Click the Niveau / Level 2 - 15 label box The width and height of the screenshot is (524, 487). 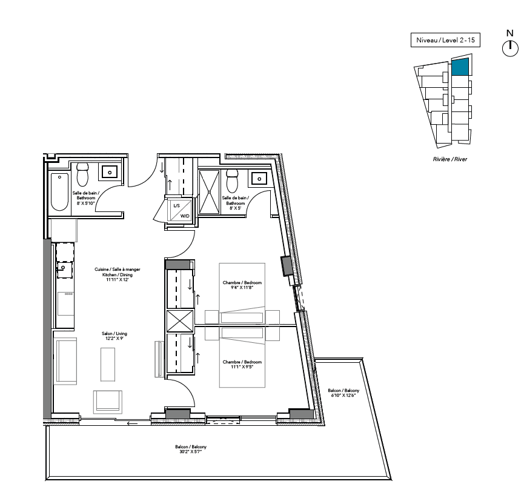click(445, 40)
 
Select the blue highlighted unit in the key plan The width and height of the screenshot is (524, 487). click(460, 67)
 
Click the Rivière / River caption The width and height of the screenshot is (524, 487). click(450, 159)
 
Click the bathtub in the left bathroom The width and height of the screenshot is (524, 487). click(60, 192)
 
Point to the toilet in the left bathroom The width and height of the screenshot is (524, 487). click(82, 174)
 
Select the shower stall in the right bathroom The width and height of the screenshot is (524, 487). click(210, 191)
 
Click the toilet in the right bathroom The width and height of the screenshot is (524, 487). click(232, 181)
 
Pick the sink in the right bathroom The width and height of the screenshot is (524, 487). click(259, 179)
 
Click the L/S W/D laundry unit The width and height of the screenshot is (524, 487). click(181, 211)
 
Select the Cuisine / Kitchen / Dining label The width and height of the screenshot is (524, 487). click(118, 274)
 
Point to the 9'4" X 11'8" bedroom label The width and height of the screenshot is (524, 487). click(242, 285)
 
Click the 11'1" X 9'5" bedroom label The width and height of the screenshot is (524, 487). click(242, 364)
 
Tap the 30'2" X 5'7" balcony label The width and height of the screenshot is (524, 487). click(191, 449)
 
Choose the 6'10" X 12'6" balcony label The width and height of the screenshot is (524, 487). click(343, 393)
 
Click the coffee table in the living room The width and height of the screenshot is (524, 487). click(108, 364)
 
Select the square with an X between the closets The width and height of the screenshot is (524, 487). click(180, 321)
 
